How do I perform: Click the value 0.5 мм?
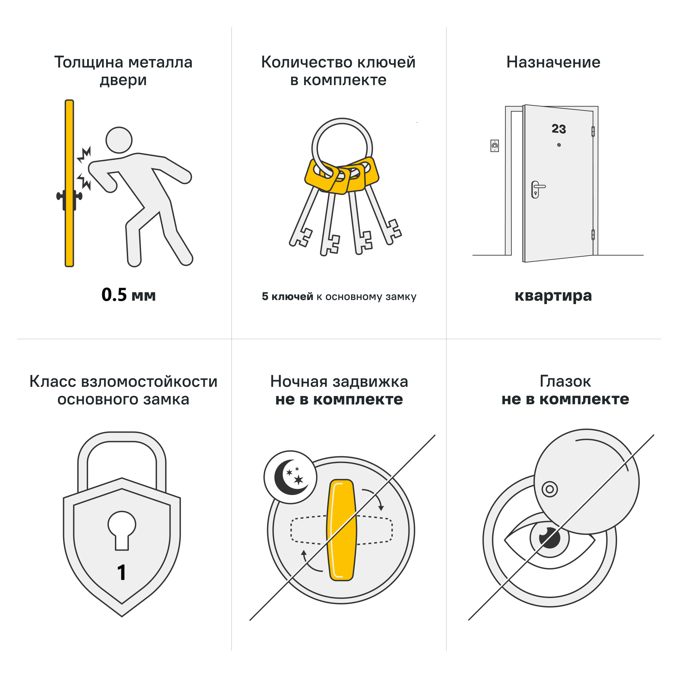coord(128,295)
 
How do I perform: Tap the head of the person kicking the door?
coord(119,140)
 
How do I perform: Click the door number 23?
coord(559,129)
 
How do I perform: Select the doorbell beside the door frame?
coord(495,146)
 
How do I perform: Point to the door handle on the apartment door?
coord(537,188)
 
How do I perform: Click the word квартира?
coord(553,296)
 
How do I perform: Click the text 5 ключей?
coord(287,297)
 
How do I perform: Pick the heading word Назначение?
coord(553,62)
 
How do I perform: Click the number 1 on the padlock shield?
coord(121,573)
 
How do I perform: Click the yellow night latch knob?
coord(341,530)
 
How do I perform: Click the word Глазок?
coord(565,381)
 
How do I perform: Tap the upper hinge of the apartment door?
coord(593,132)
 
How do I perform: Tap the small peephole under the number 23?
coord(559,145)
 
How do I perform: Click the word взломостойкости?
coord(149,381)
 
